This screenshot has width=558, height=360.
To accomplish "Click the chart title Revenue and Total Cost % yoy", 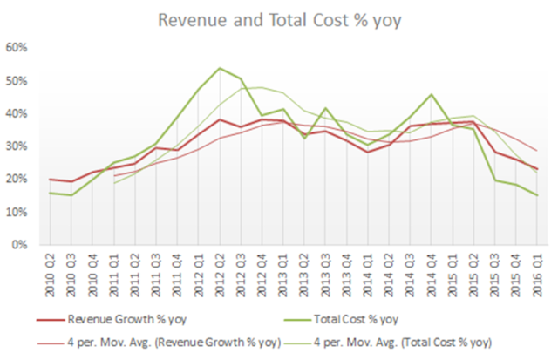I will [x=278, y=20].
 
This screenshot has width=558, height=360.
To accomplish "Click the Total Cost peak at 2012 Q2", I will [x=219, y=68].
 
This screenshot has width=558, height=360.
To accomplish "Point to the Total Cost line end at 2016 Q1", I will [x=535, y=195].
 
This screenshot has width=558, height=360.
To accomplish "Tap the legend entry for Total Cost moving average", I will [x=410, y=340].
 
